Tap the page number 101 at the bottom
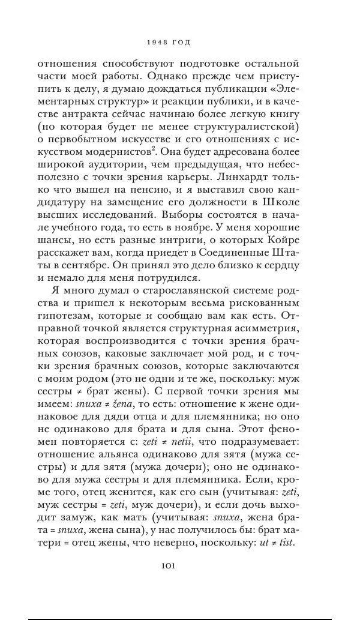[168, 565]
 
